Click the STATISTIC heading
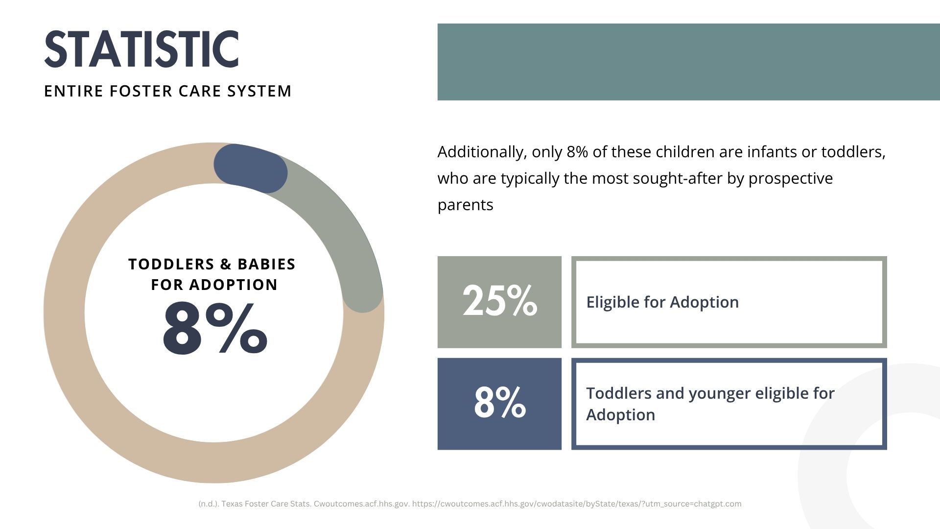[141, 49]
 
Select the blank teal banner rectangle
[688, 62]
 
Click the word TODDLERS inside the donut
[171, 264]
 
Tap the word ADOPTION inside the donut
[234, 285]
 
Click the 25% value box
[499, 302]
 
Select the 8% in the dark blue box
[500, 402]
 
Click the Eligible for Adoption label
[662, 302]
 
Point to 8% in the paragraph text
[577, 152]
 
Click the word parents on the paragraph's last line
[465, 205]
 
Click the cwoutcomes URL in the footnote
[577, 504]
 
